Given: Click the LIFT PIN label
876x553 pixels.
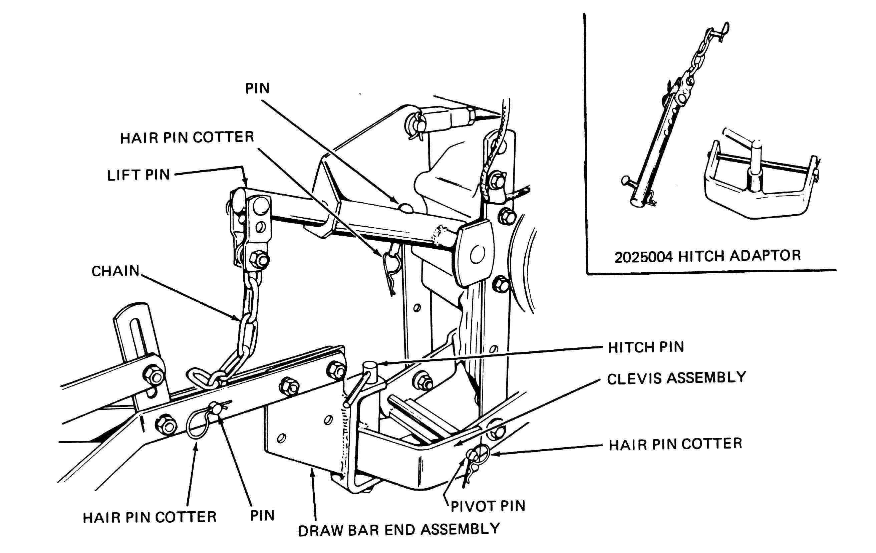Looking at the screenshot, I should tap(138, 175).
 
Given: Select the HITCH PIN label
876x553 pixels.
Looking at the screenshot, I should tap(646, 347).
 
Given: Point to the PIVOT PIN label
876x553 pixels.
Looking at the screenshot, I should tap(488, 506).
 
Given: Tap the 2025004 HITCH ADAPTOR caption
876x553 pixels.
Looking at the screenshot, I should tap(707, 256).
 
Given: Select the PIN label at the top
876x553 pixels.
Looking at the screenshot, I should tap(258, 88).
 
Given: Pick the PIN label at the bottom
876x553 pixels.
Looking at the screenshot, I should tap(262, 516).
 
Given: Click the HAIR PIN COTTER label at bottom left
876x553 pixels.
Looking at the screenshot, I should tap(150, 517).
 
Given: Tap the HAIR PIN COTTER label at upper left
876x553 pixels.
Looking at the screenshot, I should tap(187, 137).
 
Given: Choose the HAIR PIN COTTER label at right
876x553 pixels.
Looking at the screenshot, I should tap(675, 444).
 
